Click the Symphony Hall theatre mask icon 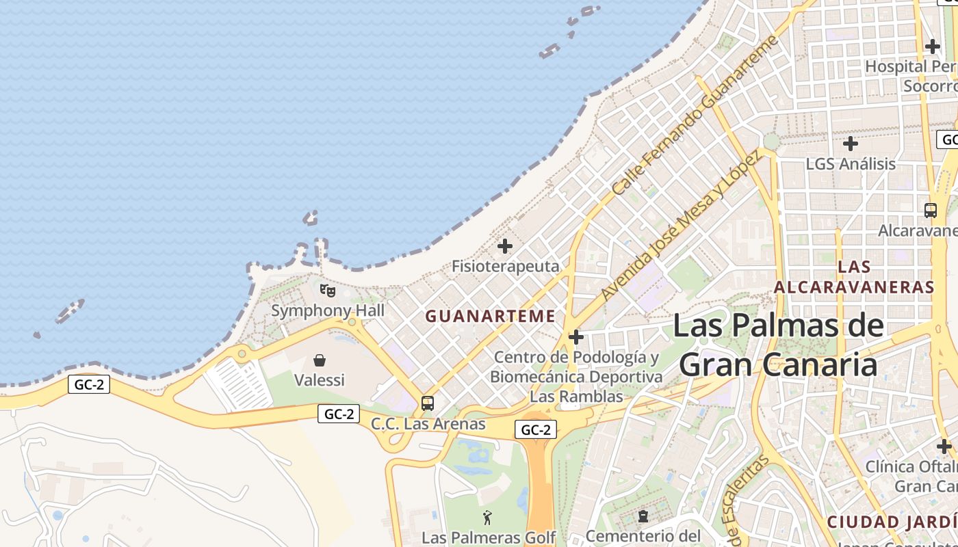328,291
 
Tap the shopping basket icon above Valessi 320,360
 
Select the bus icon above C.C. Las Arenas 428,403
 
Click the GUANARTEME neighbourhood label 490,316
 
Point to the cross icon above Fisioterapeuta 505,246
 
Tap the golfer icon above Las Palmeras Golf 487,518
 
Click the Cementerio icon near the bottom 643,516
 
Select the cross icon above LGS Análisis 851,144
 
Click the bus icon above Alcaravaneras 931,211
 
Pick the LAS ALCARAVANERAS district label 854,277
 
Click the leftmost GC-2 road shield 89,384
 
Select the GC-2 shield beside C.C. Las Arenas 339,414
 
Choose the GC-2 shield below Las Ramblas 535,430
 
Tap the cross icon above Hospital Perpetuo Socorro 933,46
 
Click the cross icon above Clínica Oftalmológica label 944,446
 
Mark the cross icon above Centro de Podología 576,337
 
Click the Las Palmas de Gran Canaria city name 778,345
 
